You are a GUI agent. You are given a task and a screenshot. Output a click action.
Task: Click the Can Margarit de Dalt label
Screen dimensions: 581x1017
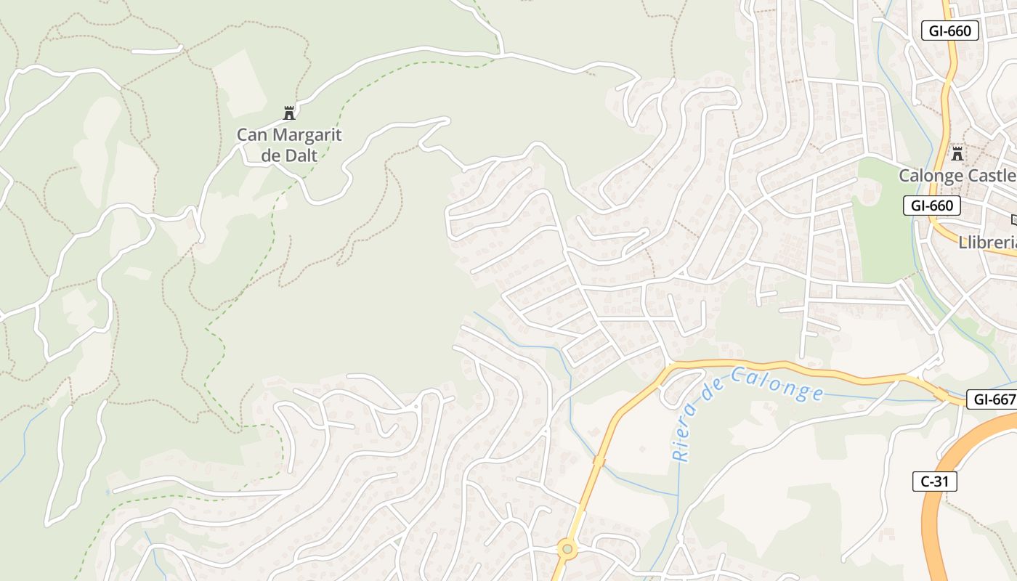pyautogui.click(x=289, y=144)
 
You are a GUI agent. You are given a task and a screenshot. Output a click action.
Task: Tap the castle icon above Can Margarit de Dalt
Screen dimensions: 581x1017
pyautogui.click(x=289, y=113)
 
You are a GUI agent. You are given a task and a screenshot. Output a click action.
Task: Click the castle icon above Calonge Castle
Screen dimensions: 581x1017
pyautogui.click(x=957, y=153)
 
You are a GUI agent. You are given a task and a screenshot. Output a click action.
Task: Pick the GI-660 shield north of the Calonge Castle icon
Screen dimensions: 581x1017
pyautogui.click(x=949, y=31)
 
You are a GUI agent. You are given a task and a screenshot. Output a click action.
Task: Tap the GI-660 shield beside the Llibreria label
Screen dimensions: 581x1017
pyautogui.click(x=932, y=206)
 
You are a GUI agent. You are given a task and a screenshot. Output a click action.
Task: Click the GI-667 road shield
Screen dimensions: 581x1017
pyautogui.click(x=993, y=399)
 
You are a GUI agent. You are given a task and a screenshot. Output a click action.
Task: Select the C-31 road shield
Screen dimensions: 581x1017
pyautogui.click(x=934, y=481)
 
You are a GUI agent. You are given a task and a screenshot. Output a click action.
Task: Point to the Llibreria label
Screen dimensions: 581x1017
pyautogui.click(x=987, y=243)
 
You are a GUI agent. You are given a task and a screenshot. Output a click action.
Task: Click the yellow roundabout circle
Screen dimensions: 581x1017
pyautogui.click(x=567, y=550)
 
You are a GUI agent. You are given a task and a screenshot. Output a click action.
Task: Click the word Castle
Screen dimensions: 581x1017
pyautogui.click(x=991, y=175)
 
